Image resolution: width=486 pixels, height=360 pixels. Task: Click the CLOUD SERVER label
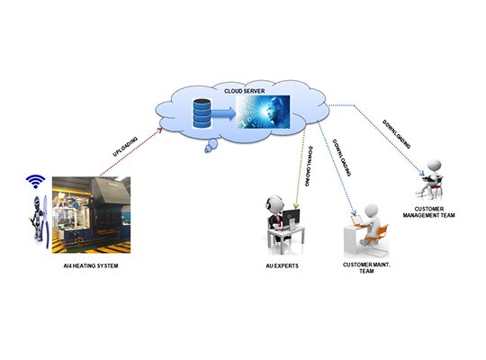pyautogui.click(x=245, y=91)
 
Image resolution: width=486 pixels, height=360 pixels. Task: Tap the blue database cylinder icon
pyautogui.click(x=202, y=113)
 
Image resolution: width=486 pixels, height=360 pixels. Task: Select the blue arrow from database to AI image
pyautogui.click(x=223, y=113)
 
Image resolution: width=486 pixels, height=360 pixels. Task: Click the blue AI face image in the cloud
pyautogui.click(x=263, y=112)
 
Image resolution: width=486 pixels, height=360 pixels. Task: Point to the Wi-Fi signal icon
pyautogui.click(x=35, y=182)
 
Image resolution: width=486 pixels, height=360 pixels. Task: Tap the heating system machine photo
pyautogui.click(x=91, y=215)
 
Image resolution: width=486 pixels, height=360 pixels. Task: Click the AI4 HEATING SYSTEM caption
pyautogui.click(x=91, y=265)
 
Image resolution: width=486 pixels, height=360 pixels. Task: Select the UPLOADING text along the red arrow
pyautogui.click(x=125, y=147)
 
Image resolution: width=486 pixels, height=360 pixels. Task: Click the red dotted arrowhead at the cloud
pyautogui.click(x=160, y=130)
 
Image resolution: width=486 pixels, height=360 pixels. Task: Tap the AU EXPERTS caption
pyautogui.click(x=282, y=265)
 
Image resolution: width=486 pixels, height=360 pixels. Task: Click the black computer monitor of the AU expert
pyautogui.click(x=291, y=217)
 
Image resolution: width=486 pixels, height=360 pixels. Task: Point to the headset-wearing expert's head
pyautogui.click(x=274, y=203)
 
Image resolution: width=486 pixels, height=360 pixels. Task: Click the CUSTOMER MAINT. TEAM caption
pyautogui.click(x=366, y=268)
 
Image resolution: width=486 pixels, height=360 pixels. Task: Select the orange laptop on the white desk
pyautogui.click(x=356, y=220)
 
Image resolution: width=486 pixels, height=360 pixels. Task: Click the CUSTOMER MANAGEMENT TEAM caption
pyautogui.click(x=429, y=212)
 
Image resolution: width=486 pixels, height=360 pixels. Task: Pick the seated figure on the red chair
pyautogui.click(x=430, y=178)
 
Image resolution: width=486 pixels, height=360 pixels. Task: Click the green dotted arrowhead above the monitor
pyautogui.click(x=296, y=205)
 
